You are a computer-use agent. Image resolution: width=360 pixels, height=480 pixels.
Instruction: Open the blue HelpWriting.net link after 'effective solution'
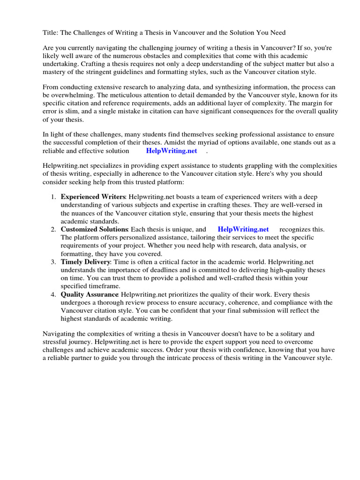click(x=172, y=150)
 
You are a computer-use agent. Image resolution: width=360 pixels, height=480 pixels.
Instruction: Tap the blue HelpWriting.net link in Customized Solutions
click(x=243, y=229)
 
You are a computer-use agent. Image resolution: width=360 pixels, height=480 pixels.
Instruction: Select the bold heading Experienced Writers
click(x=93, y=196)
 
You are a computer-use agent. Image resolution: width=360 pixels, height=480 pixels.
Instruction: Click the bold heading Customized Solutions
click(x=94, y=229)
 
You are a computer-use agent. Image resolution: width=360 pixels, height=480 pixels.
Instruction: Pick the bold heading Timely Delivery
click(x=85, y=262)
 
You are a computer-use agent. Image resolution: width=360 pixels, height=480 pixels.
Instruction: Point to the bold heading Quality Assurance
click(x=89, y=294)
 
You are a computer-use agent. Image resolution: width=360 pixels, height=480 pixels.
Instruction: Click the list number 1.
click(x=53, y=196)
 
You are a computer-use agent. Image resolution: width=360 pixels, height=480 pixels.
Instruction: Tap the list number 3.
click(x=53, y=262)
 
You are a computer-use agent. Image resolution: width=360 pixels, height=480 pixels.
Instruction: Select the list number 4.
click(x=53, y=294)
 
